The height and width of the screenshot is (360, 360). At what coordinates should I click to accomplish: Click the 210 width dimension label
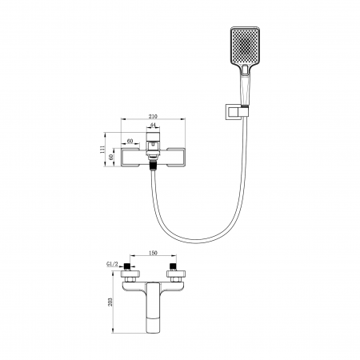pyautogui.click(x=153, y=116)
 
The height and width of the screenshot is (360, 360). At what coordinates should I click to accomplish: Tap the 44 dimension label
pyautogui.click(x=153, y=125)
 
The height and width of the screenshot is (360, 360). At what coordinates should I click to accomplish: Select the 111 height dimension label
pyautogui.click(x=102, y=150)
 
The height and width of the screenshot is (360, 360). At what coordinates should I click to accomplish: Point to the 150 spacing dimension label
pyautogui.click(x=153, y=253)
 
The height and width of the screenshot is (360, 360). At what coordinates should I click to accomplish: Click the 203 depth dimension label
pyautogui.click(x=110, y=302)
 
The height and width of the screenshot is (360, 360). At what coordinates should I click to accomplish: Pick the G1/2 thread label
pyautogui.click(x=112, y=264)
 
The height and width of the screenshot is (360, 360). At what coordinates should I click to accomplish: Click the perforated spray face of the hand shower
pyautogui.click(x=245, y=46)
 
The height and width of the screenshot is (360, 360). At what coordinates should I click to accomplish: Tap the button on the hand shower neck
pyautogui.click(x=245, y=70)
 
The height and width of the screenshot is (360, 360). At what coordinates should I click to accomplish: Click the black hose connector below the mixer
pyautogui.click(x=153, y=165)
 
